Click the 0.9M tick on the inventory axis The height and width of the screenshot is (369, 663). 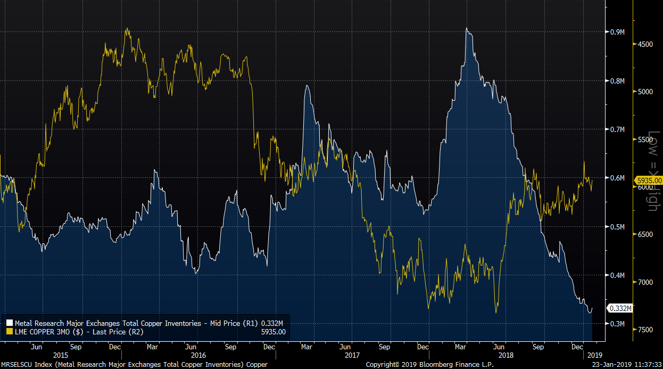pyautogui.click(x=617, y=32)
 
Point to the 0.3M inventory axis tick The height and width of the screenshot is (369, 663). pyautogui.click(x=617, y=324)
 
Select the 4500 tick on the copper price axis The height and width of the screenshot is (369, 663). pyautogui.click(x=645, y=44)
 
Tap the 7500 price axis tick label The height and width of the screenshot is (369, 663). pyautogui.click(x=645, y=330)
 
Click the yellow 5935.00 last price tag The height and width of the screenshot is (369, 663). pyautogui.click(x=648, y=180)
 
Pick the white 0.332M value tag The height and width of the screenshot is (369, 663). pyautogui.click(x=620, y=308)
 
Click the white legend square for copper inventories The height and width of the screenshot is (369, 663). pyautogui.click(x=9, y=323)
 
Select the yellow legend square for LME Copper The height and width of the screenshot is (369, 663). pyautogui.click(x=9, y=332)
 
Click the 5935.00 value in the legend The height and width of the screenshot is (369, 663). pyautogui.click(x=274, y=332)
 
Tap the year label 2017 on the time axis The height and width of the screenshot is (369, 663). pyautogui.click(x=352, y=355)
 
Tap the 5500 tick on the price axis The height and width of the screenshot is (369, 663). pyautogui.click(x=645, y=140)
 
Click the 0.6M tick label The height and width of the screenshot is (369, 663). pyautogui.click(x=617, y=178)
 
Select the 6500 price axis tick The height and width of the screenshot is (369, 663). pyautogui.click(x=645, y=234)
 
